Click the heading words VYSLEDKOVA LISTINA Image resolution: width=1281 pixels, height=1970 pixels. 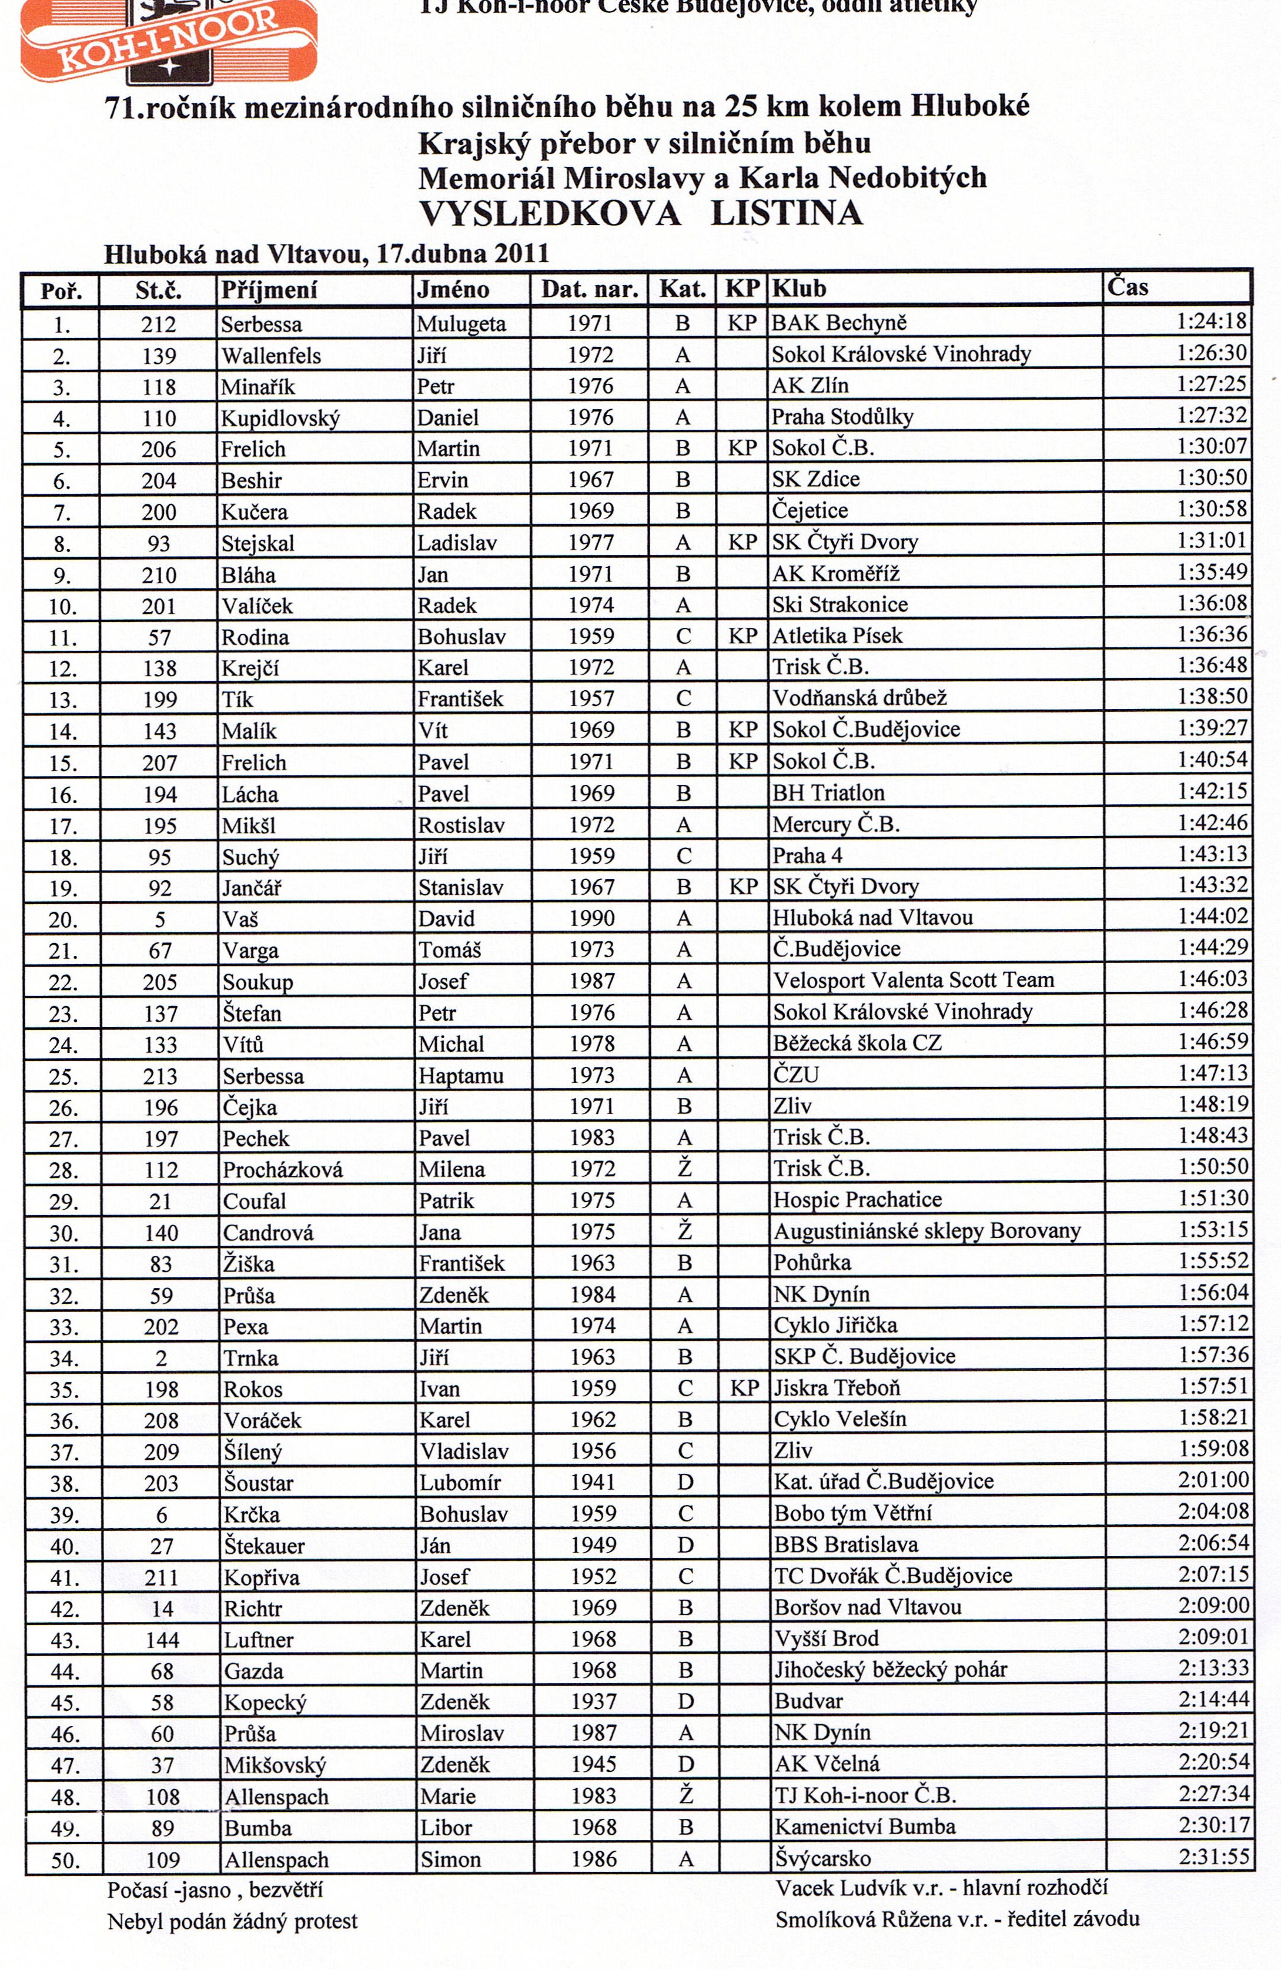[x=641, y=213]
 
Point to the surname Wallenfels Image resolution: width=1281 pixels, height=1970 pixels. [x=270, y=356]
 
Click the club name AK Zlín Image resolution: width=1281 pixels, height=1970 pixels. [x=810, y=386]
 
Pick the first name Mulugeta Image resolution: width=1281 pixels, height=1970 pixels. [x=461, y=324]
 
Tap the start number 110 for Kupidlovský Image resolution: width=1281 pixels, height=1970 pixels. [x=159, y=419]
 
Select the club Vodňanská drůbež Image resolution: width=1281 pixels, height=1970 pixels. [x=859, y=698]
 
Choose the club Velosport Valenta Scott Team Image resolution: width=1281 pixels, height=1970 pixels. [x=914, y=981]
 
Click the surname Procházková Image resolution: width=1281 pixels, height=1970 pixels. [x=282, y=1169]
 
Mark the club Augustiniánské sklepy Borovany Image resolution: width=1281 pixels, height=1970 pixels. [x=927, y=1232]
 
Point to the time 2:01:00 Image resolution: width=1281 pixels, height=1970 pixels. [x=1213, y=1479]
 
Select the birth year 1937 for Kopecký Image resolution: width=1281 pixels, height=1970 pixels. [x=593, y=1702]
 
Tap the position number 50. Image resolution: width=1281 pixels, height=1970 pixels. [x=65, y=1862]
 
